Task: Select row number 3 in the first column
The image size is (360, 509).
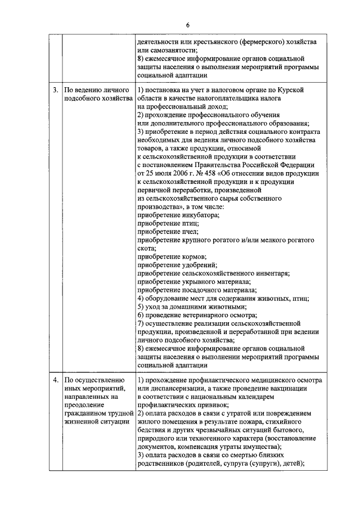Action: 55,90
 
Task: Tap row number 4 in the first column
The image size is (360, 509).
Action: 55,380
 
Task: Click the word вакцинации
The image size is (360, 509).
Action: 285,389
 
